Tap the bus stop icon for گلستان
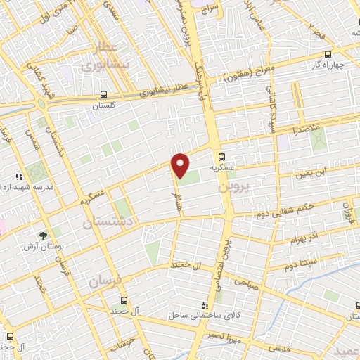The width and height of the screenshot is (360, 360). point(103,94)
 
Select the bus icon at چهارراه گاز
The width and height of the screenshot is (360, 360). point(327,53)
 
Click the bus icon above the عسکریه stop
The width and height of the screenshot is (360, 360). point(221,157)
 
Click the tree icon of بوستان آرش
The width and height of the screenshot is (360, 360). point(44,235)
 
